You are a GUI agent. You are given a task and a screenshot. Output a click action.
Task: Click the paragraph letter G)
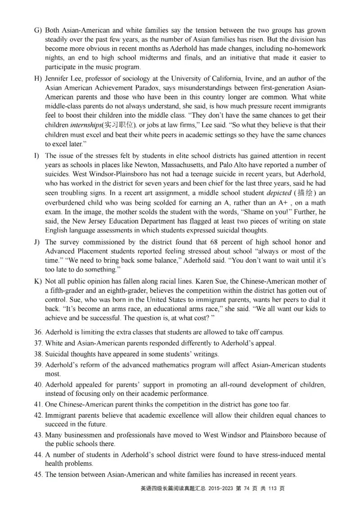[38, 30]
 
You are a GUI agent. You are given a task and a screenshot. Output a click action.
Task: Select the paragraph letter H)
[38, 79]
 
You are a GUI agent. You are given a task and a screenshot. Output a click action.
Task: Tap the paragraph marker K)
[38, 281]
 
